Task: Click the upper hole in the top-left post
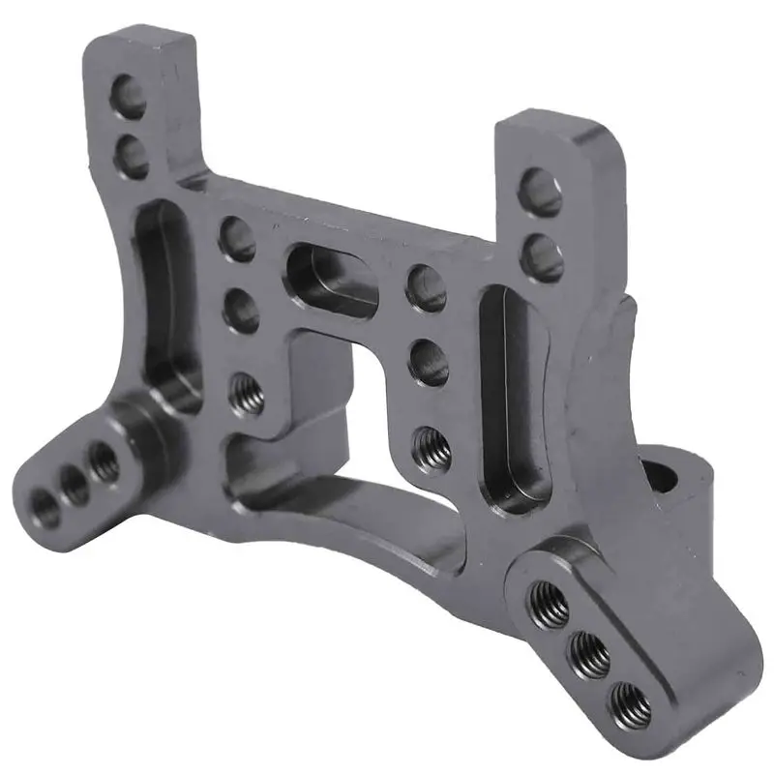click(x=131, y=95)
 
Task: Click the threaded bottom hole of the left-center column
click(x=248, y=393)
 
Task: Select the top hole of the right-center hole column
click(x=426, y=287)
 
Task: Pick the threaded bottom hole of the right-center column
click(x=432, y=448)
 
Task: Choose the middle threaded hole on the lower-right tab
click(x=590, y=655)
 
